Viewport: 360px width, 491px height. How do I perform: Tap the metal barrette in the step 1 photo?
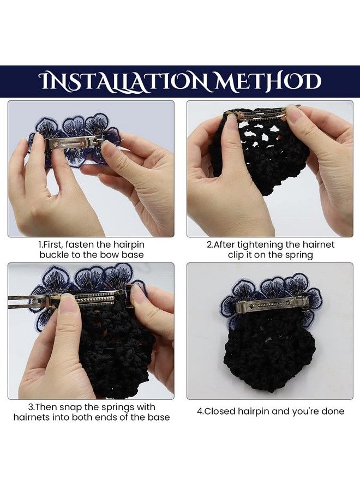point(75,143)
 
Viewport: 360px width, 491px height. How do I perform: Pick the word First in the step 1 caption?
point(52,244)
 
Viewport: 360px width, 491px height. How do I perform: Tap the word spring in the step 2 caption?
point(299,255)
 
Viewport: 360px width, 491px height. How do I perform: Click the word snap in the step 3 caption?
point(71,408)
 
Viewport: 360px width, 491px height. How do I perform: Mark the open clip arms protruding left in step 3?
point(28,301)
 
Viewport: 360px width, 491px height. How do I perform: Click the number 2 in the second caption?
point(209,245)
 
